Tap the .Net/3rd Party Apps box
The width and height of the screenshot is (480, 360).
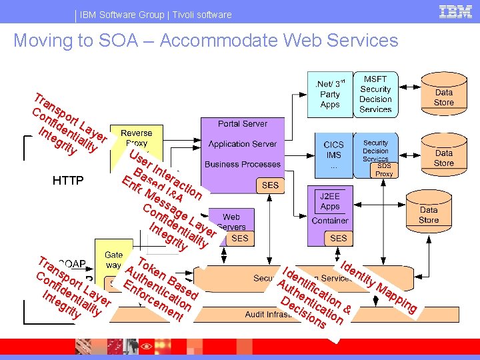[329, 94]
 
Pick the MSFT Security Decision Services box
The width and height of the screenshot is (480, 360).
[375, 94]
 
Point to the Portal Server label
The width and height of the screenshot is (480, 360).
[242, 123]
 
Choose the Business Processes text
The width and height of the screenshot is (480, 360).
[243, 164]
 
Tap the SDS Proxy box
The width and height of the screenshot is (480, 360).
[384, 169]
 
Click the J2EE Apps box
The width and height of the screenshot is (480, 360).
[330, 201]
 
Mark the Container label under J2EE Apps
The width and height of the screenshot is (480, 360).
[330, 221]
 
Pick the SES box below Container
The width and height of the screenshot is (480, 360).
[338, 238]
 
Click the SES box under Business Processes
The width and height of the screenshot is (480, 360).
[271, 185]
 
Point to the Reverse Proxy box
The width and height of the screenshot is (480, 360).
[137, 138]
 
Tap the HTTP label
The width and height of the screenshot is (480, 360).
[68, 180]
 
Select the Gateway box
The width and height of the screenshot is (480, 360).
[113, 259]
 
